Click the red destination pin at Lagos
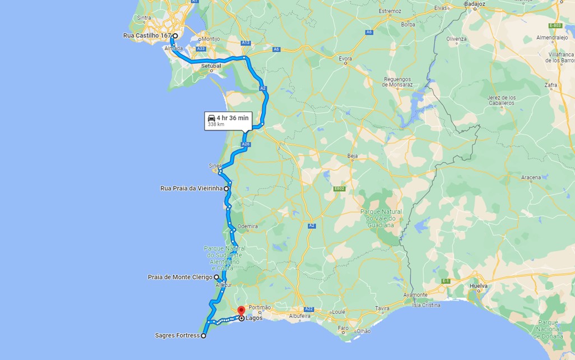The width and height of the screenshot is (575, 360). (241, 310)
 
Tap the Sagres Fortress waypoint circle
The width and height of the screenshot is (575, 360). (203, 336)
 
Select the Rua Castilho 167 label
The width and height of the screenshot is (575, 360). (147, 36)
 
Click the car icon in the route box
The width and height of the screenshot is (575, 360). (211, 118)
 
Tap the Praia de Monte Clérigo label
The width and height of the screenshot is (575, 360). (180, 277)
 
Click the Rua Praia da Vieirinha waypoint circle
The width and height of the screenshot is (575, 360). (226, 189)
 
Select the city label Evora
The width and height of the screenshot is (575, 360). (345, 58)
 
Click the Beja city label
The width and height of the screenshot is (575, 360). (353, 156)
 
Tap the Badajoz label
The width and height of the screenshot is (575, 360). (475, 3)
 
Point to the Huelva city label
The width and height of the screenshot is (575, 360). (478, 285)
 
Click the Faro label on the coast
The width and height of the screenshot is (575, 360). (343, 328)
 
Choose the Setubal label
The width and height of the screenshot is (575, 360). (212, 66)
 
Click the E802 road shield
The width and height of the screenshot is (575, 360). (339, 189)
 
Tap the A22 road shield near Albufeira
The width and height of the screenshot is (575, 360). (309, 309)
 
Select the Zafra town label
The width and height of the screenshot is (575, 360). (551, 85)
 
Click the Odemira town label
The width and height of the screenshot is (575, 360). (248, 227)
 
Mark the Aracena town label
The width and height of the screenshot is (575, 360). (531, 178)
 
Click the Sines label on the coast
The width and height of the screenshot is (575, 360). (215, 165)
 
